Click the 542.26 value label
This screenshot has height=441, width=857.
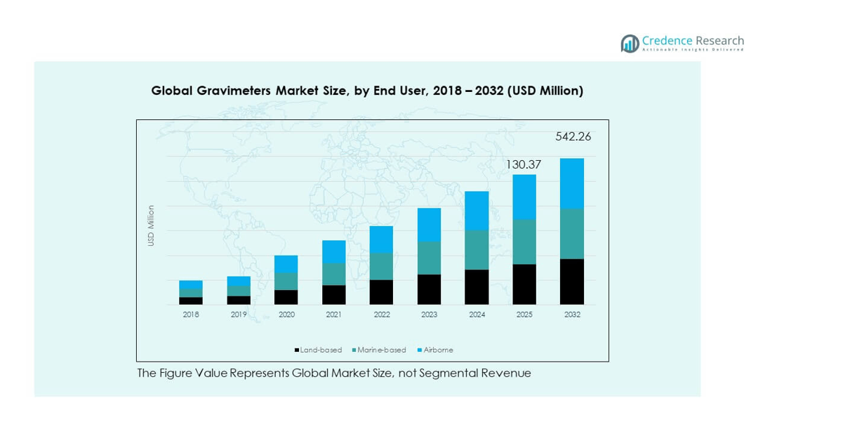pyautogui.click(x=573, y=137)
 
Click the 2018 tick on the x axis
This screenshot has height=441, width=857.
pyautogui.click(x=191, y=315)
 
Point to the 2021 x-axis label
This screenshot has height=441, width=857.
pyautogui.click(x=334, y=315)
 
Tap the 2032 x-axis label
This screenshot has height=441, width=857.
pyautogui.click(x=573, y=315)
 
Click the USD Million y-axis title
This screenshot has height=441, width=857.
pyautogui.click(x=151, y=225)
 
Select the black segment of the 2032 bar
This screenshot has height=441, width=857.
pyautogui.click(x=573, y=282)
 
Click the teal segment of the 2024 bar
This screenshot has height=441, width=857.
pyautogui.click(x=477, y=250)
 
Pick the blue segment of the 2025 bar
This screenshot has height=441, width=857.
pyautogui.click(x=525, y=197)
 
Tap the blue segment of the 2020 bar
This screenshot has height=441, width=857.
pyautogui.click(x=286, y=264)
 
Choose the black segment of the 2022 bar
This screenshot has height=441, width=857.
pyautogui.click(x=382, y=292)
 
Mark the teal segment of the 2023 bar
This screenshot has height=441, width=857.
pyautogui.click(x=430, y=258)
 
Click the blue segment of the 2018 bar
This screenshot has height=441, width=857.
pyautogui.click(x=191, y=284)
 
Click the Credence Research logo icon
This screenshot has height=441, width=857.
pyautogui.click(x=630, y=44)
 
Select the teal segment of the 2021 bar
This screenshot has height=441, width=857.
pyautogui.click(x=334, y=274)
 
